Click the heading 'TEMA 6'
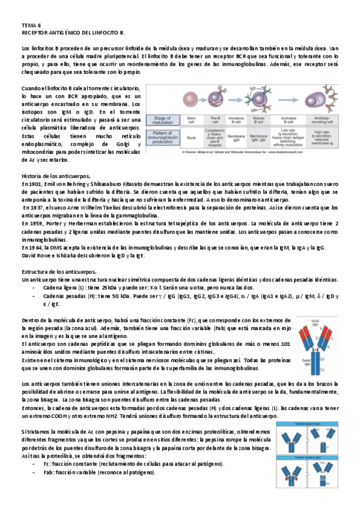[x=31, y=25]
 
